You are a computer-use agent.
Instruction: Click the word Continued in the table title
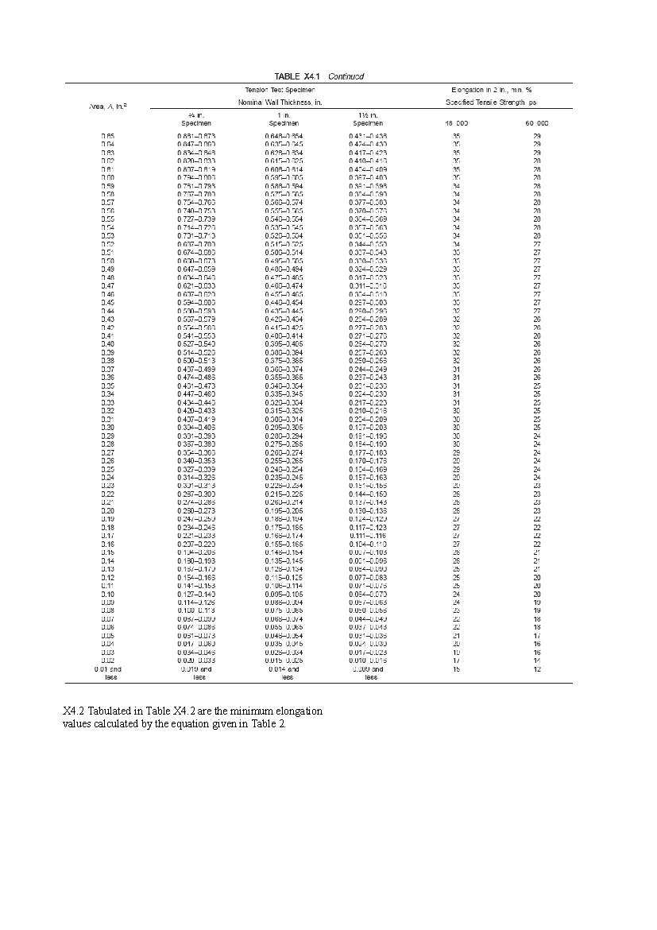(346, 76)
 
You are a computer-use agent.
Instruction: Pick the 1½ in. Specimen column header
(368, 119)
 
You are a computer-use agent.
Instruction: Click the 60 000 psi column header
(536, 123)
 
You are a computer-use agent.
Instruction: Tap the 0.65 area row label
(107, 137)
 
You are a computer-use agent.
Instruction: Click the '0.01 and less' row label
(107, 673)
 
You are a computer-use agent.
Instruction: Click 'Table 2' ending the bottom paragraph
(269, 724)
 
